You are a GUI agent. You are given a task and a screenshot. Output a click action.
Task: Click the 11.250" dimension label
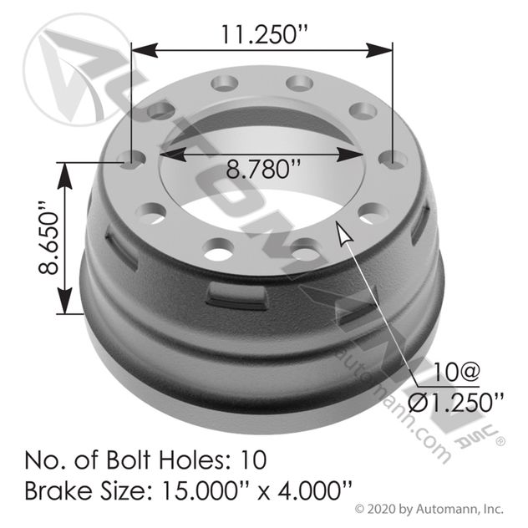click(x=264, y=34)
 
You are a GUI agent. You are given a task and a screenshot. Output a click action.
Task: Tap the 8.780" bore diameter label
click(x=263, y=169)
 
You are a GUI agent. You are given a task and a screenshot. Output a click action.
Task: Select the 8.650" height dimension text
click(x=48, y=238)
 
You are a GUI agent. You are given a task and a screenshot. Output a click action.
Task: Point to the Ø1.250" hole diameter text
click(x=456, y=402)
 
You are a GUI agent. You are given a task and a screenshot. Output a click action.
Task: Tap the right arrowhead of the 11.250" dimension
click(x=379, y=50)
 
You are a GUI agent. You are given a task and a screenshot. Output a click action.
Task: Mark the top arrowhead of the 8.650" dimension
click(x=64, y=176)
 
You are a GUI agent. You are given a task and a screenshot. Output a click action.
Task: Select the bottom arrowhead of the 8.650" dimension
click(x=64, y=301)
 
